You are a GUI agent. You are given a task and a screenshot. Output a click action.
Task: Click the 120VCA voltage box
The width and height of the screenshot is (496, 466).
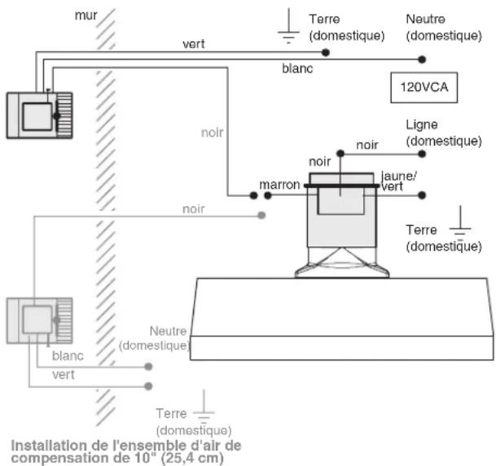click(424, 88)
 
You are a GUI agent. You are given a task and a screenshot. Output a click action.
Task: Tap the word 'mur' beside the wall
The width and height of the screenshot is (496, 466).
click(86, 15)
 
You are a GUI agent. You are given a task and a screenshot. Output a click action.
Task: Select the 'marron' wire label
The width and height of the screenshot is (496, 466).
click(279, 185)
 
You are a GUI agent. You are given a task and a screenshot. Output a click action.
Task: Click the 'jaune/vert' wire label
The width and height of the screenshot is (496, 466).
click(398, 181)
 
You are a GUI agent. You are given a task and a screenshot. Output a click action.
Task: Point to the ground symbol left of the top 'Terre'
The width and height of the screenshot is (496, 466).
click(288, 26)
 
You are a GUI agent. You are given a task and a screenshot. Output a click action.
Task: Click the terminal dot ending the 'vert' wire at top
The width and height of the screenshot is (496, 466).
click(326, 52)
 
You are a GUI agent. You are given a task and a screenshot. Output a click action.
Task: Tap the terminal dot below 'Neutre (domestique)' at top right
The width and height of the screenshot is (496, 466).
click(422, 59)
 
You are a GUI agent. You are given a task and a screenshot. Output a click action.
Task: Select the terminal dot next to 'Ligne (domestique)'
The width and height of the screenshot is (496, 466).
click(422, 154)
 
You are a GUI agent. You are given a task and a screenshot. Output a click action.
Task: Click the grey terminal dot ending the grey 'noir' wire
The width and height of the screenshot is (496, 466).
click(261, 216)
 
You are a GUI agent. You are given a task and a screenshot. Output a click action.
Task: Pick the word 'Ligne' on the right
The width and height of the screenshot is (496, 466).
click(421, 124)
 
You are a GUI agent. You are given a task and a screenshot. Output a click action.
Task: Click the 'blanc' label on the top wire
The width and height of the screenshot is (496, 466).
click(297, 68)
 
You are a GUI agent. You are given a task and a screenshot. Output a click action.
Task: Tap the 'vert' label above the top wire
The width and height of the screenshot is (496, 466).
click(194, 44)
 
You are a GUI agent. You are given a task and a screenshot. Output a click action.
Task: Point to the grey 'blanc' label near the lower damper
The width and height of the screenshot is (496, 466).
click(68, 355)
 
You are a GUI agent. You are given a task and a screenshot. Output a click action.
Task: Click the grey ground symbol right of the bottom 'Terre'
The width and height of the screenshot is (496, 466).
click(204, 407)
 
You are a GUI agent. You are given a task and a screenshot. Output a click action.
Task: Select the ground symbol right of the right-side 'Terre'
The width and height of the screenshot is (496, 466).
click(460, 222)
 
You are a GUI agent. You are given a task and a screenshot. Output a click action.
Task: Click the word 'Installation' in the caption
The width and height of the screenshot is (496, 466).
click(49, 446)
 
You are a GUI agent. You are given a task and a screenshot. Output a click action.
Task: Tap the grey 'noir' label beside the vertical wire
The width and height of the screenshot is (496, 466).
click(212, 133)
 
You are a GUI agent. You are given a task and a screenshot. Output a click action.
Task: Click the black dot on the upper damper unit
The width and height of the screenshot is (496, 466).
click(57, 116)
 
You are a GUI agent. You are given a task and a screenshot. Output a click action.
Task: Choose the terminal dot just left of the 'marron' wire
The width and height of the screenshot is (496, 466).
click(253, 195)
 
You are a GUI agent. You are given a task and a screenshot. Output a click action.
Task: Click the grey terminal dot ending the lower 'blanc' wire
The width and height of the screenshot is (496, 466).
click(148, 367)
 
